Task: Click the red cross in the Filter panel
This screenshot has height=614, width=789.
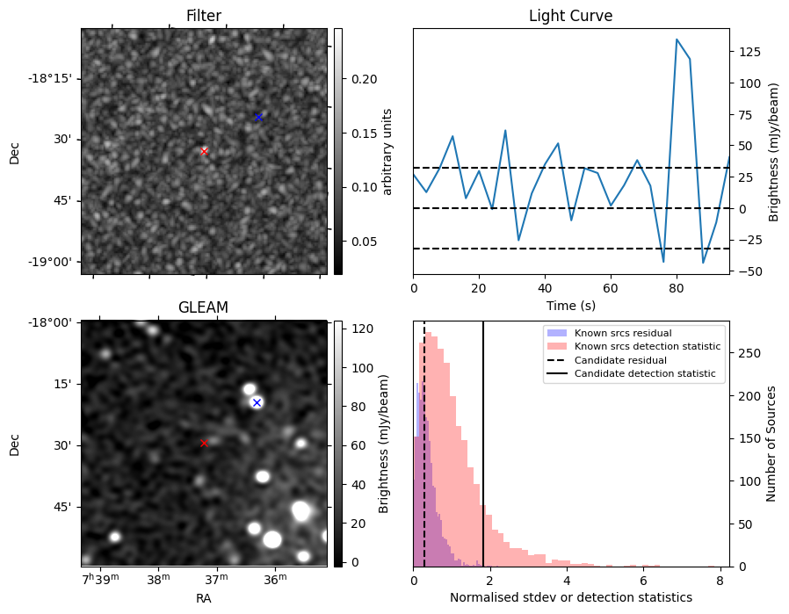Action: [204, 151]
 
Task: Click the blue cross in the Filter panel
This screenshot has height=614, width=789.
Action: [258, 117]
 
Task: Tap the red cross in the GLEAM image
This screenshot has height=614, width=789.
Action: [204, 444]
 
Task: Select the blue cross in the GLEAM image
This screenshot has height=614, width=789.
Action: [257, 402]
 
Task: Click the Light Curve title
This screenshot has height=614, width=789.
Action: [570, 17]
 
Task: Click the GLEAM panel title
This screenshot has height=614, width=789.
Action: [203, 307]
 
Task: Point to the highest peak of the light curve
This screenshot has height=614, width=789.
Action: [677, 40]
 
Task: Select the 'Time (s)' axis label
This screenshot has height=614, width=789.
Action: [570, 305]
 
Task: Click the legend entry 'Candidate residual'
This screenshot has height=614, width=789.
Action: [615, 360]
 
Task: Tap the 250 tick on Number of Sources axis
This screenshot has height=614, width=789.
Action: [743, 353]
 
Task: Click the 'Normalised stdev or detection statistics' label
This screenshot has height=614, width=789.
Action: [570, 597]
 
